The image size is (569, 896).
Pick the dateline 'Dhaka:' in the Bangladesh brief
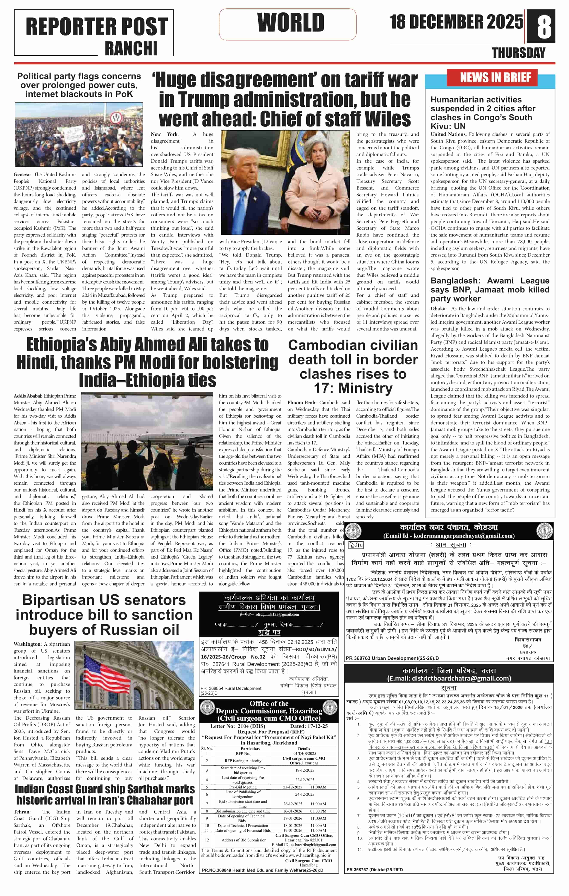pos(438,309)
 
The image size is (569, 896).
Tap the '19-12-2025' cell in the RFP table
pos(304,770)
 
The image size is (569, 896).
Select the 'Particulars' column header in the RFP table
pos(250,749)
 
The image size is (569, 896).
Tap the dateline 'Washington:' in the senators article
pos(27,644)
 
